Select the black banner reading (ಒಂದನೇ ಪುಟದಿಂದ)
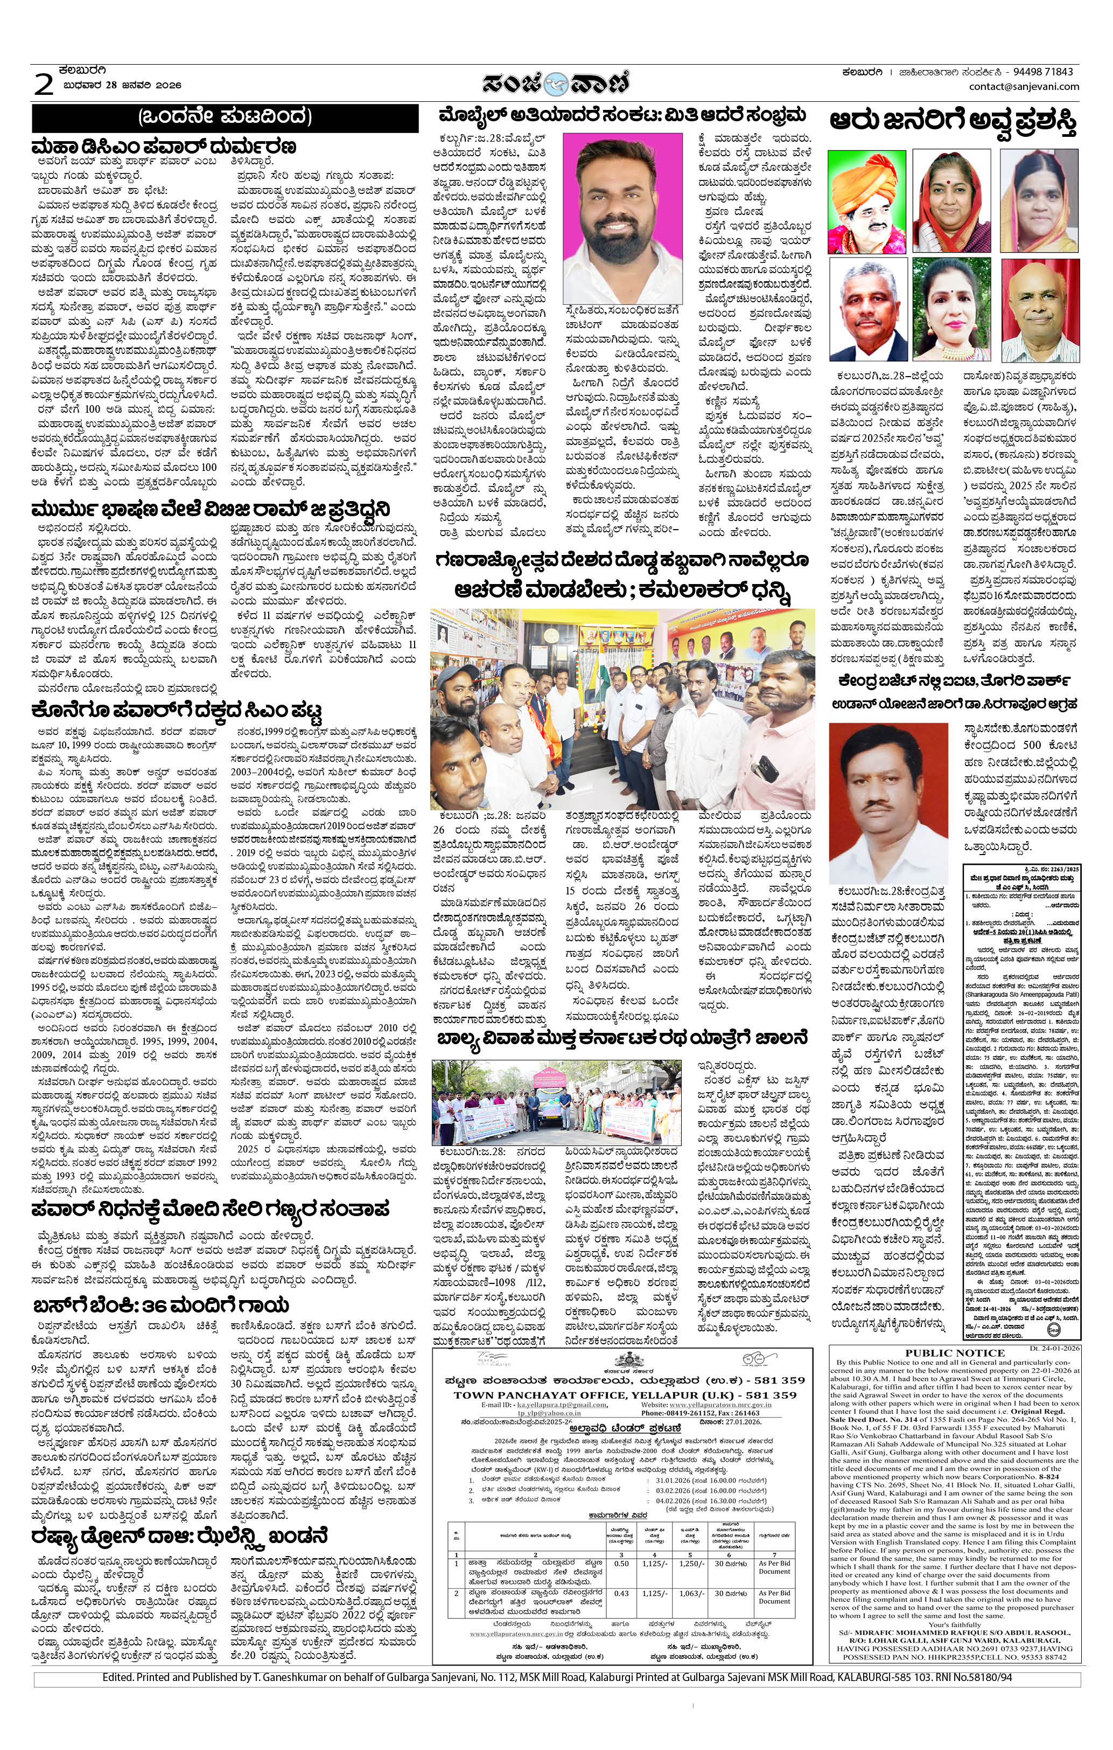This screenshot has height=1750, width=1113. (225, 118)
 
